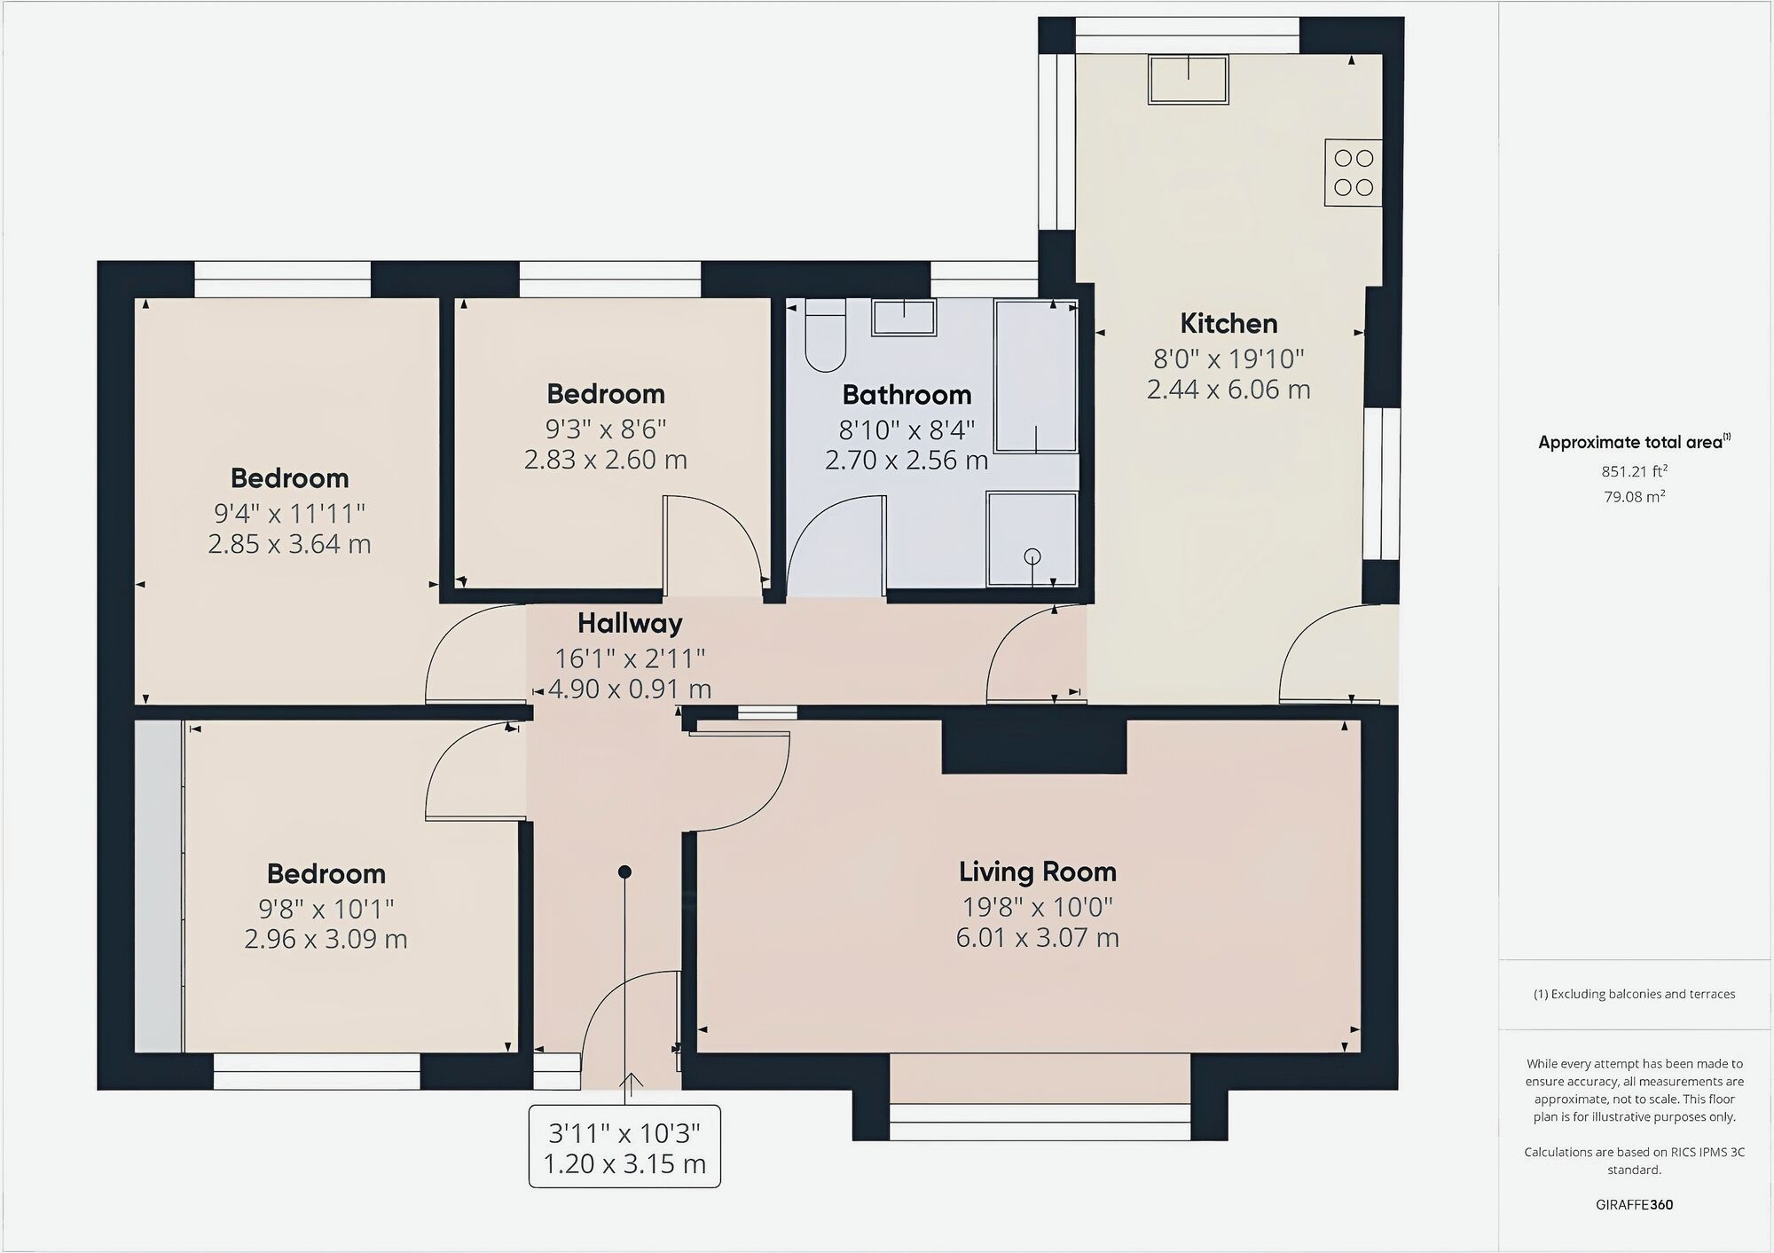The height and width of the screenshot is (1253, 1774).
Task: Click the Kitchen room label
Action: tap(1228, 323)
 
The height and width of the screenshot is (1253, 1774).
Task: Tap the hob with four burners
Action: tap(1353, 173)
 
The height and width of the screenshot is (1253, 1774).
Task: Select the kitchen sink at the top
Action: tap(1189, 79)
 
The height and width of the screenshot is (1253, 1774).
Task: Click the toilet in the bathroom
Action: tap(825, 337)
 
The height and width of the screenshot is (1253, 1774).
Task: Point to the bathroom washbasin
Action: tap(904, 317)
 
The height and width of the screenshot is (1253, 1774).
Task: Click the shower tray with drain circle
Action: tap(1032, 540)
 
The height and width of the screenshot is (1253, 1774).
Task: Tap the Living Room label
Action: tap(1037, 871)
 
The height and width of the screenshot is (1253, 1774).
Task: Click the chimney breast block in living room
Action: tap(1033, 745)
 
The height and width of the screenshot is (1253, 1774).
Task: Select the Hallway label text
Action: tap(630, 623)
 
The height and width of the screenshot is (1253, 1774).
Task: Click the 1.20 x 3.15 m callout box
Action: tap(624, 1147)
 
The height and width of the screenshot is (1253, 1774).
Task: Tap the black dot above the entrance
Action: tap(624, 872)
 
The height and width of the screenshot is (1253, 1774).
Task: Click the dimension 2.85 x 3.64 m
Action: tap(289, 544)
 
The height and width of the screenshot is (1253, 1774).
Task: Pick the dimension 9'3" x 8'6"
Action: tap(606, 429)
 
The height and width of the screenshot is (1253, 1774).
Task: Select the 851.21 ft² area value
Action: tap(1634, 471)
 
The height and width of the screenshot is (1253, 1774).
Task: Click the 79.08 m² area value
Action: tap(1634, 497)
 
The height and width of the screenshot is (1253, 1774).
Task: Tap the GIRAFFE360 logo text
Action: tap(1634, 1204)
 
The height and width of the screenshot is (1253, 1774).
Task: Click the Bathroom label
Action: tap(907, 394)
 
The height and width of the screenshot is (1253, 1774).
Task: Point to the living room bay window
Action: tap(1040, 1122)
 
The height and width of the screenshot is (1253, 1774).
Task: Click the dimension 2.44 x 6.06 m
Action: tap(1228, 390)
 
